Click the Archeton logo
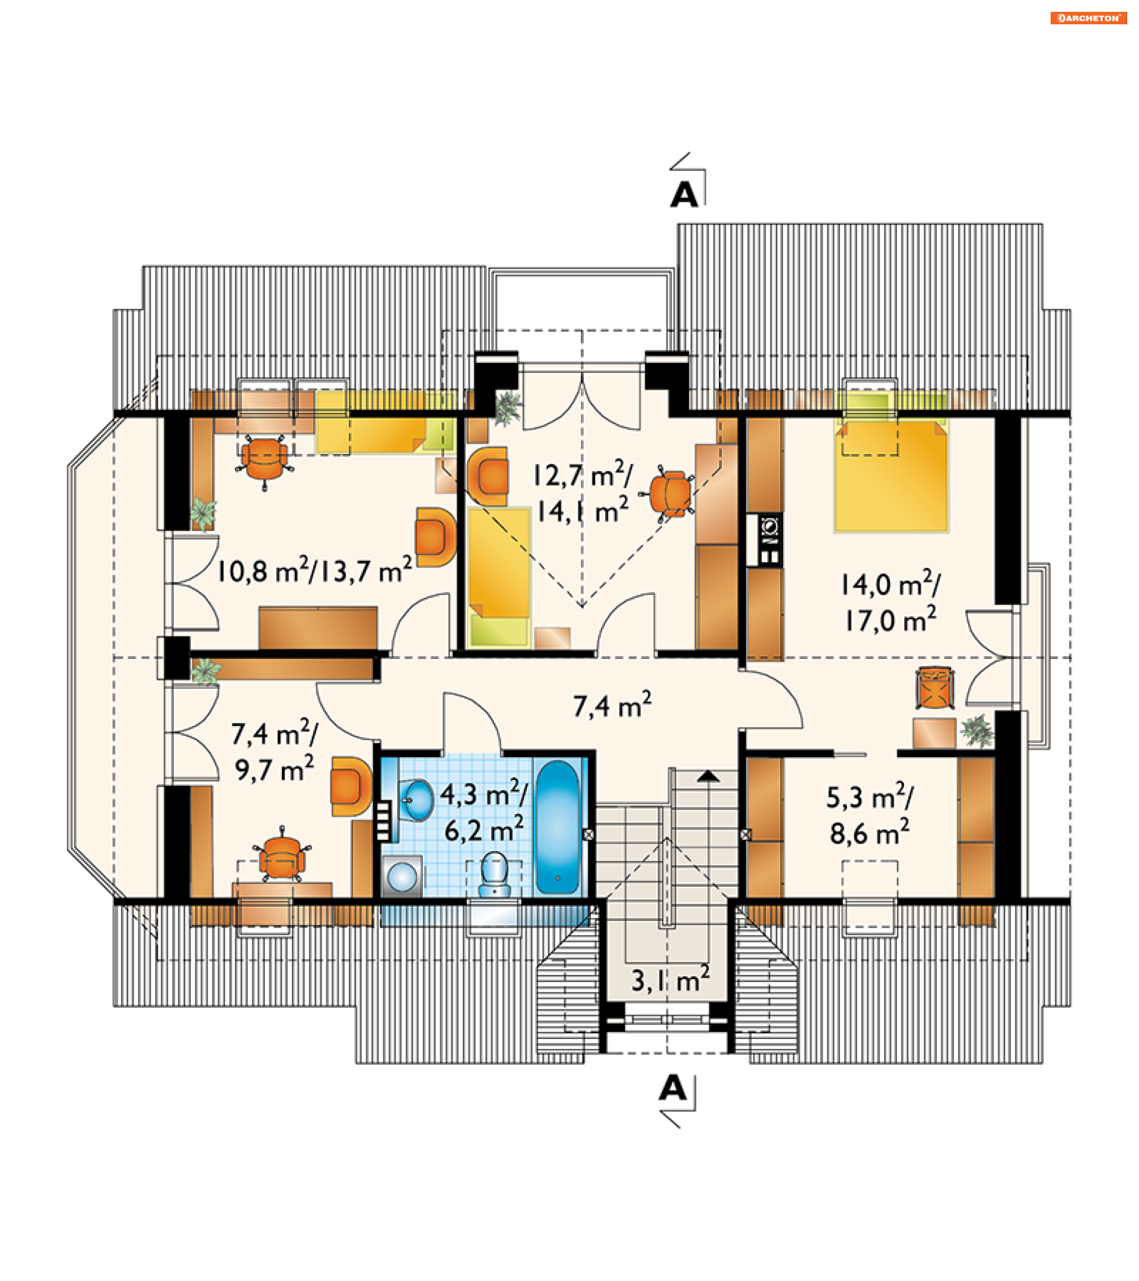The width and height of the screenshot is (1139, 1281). (1087, 18)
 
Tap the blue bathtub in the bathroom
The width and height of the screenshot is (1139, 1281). (557, 827)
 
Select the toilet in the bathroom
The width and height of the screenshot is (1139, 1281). (495, 875)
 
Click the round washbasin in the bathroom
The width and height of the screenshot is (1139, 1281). (416, 800)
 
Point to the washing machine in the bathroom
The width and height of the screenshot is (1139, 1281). (402, 877)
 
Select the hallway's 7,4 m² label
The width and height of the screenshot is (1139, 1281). (612, 705)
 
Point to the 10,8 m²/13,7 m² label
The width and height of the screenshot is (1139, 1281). (314, 570)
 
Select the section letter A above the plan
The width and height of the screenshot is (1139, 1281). (684, 195)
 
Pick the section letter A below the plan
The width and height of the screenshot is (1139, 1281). (673, 1089)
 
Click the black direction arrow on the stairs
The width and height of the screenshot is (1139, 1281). (708, 776)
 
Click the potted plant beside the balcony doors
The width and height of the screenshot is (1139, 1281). (508, 407)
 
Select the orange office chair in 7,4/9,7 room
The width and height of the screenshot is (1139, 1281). (283, 856)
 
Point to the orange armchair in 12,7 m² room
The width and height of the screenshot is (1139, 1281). (488, 476)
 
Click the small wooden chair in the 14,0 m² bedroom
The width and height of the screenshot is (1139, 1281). (935, 688)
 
